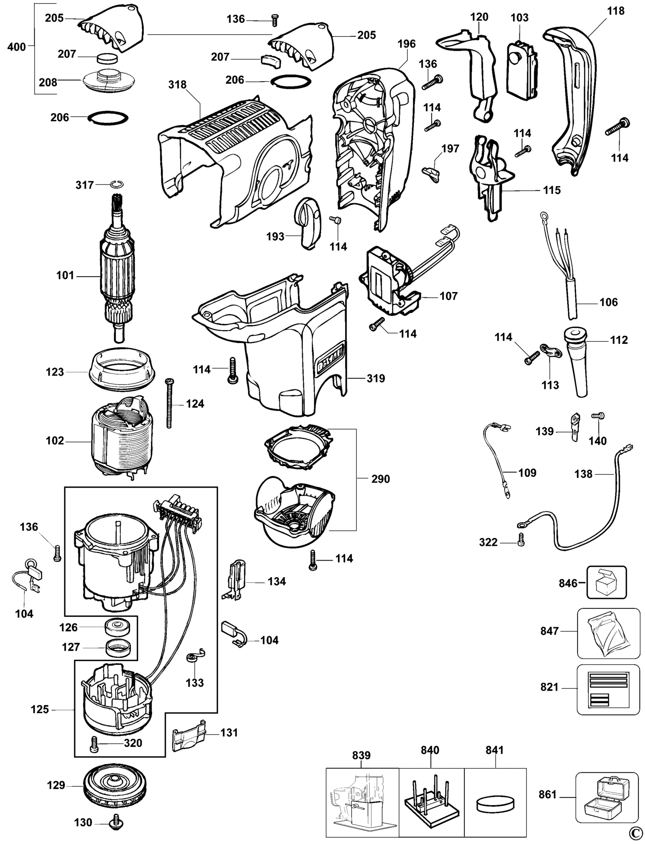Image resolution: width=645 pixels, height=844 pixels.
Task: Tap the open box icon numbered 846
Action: (x=607, y=582)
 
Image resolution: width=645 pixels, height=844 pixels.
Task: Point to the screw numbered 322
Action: (x=520, y=541)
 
